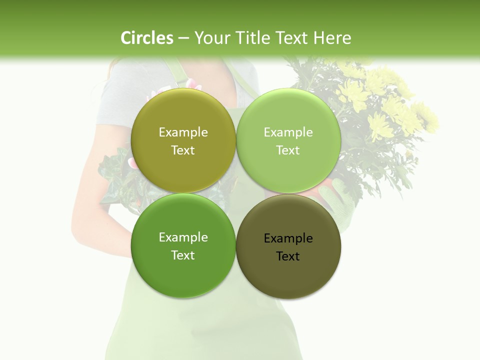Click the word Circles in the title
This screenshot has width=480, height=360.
pyautogui.click(x=146, y=38)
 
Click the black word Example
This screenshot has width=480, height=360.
pyautogui.click(x=288, y=238)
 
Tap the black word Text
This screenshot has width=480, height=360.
pyautogui.click(x=288, y=256)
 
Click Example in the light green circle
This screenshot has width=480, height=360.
pyautogui.click(x=288, y=132)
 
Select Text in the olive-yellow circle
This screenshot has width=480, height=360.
pyautogui.click(x=183, y=150)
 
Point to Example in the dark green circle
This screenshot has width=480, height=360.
pyautogui.click(x=183, y=237)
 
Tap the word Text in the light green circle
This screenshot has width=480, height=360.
pyautogui.click(x=288, y=150)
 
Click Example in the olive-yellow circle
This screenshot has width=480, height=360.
pyautogui.click(x=183, y=132)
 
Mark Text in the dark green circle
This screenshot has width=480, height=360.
pyautogui.click(x=183, y=255)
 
